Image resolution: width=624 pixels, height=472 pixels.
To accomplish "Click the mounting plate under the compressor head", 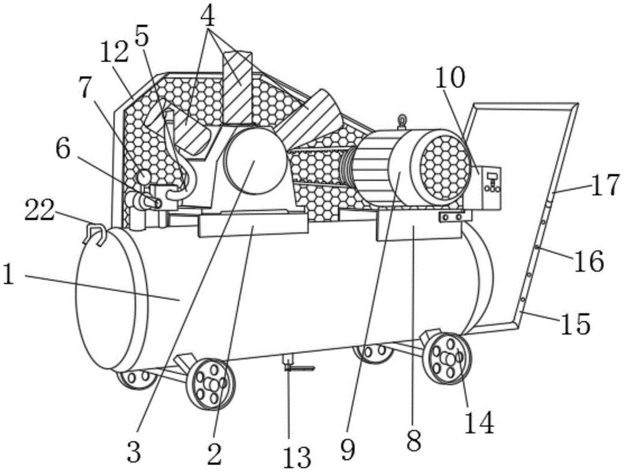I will [253, 224].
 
